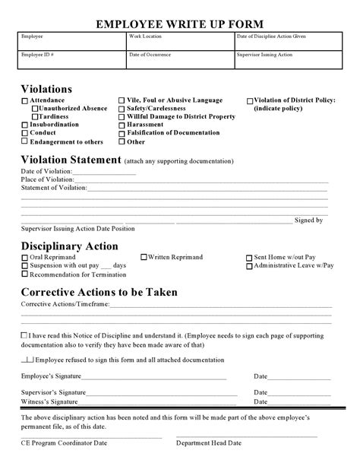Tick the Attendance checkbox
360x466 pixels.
coord(25,101)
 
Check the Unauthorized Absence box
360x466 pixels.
coord(35,109)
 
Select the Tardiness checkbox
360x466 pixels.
coord(35,117)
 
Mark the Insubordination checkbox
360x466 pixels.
coord(25,125)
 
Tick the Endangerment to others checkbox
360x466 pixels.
coord(25,141)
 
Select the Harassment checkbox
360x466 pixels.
coord(122,125)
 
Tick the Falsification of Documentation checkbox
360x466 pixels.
coord(122,133)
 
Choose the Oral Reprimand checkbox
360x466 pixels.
coord(25,258)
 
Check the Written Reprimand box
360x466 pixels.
coord(143,258)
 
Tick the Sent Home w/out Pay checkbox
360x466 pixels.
coord(249,258)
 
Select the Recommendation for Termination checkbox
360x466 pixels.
coord(25,274)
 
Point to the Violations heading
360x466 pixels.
coord(46,89)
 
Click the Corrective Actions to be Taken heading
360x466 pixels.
coord(99,292)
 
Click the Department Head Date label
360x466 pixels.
coord(208,442)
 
